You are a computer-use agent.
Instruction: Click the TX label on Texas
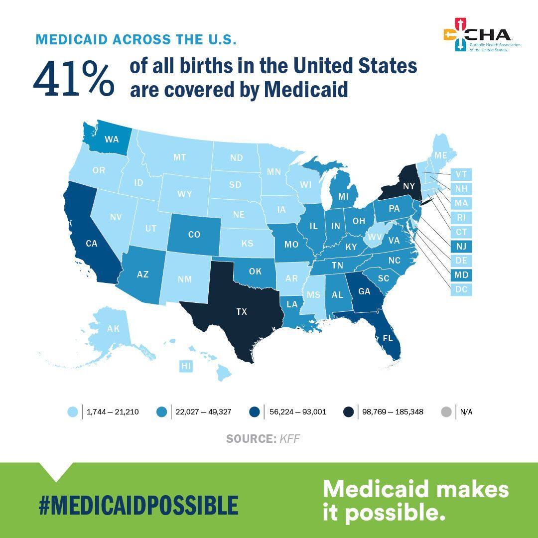coord(241,312)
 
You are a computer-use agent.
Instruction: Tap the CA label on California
coord(91,244)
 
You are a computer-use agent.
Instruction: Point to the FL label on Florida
coord(388,337)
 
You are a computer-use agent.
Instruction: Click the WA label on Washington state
coord(112,139)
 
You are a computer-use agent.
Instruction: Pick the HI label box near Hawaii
coord(186,367)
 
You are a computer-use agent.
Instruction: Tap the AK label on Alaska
coord(114,329)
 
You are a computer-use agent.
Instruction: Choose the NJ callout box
coord(461,246)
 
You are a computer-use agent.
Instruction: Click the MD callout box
coord(461,275)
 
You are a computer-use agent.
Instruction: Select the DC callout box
coord(461,289)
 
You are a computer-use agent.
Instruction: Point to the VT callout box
coord(461,174)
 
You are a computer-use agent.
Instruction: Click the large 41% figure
coord(74,79)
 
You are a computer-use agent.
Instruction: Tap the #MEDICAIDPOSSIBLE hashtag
coord(138,505)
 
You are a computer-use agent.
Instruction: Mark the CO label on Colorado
coord(194,234)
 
